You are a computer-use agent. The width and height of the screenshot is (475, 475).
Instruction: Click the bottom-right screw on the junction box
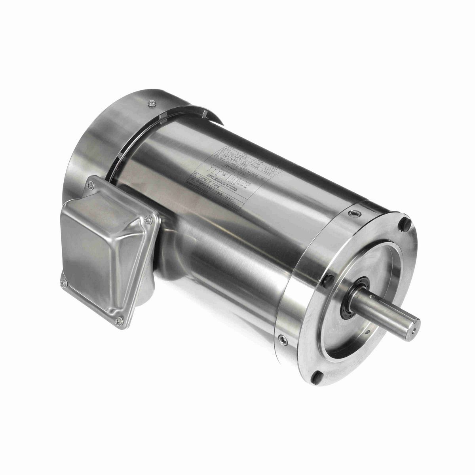coord(118,313)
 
